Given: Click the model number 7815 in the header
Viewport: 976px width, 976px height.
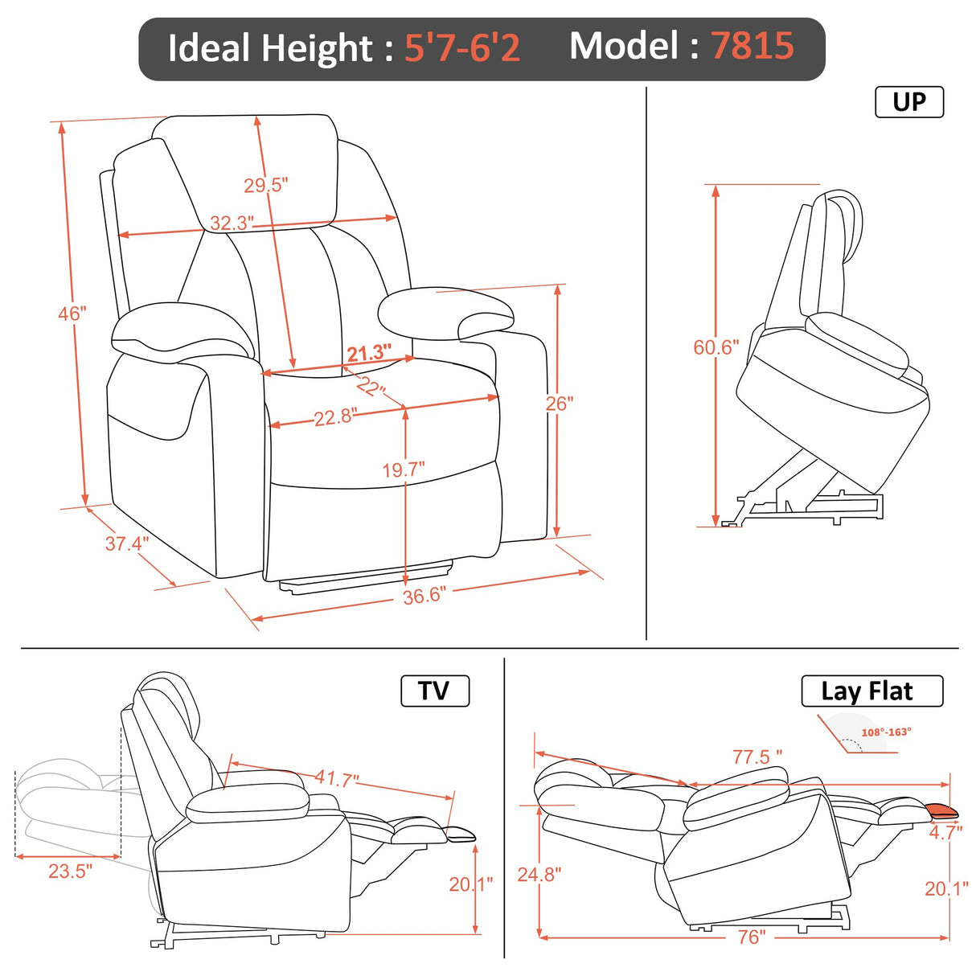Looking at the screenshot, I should [752, 46].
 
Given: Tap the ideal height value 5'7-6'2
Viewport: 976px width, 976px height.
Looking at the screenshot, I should [461, 47].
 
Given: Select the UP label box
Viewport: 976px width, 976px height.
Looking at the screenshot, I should [908, 102].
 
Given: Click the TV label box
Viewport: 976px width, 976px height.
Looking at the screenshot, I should [434, 691].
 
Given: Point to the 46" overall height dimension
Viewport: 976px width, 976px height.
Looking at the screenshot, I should [72, 314].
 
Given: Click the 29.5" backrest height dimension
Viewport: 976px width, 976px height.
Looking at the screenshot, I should [265, 186].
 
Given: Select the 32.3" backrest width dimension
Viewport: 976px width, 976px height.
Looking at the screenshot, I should [232, 223].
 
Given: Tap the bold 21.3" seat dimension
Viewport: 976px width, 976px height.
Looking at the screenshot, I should [369, 353].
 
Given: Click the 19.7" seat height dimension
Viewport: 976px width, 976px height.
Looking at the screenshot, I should [403, 470].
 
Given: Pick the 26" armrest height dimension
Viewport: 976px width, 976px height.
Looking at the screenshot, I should [559, 404].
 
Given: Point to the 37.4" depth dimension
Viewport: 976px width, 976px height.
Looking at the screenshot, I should [126, 543].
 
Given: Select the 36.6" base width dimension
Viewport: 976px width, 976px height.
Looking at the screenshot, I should [424, 596].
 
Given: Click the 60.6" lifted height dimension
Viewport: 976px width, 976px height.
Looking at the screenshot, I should [716, 347].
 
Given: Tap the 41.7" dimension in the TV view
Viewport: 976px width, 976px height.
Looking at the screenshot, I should [336, 778].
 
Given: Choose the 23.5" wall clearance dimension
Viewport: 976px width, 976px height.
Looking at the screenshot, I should [70, 871].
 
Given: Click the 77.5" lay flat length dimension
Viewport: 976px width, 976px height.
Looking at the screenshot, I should [757, 757].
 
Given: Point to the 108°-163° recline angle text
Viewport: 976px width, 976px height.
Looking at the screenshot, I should [886, 732].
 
